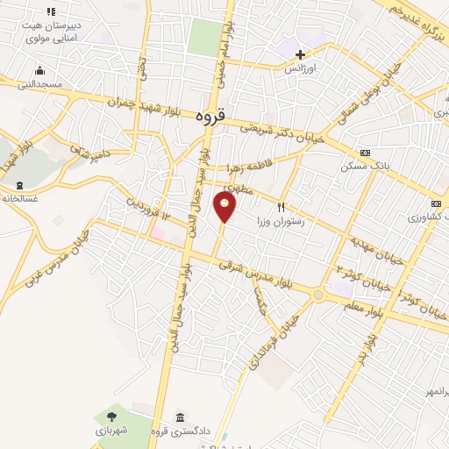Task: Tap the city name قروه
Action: point(210,116)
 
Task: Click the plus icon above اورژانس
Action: point(300,54)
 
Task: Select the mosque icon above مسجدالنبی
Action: point(39,71)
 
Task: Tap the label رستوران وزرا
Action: point(280,222)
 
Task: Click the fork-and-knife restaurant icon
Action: point(281,207)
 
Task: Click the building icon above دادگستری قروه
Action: point(180,417)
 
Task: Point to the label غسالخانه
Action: point(19,198)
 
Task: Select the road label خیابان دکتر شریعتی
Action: point(282,132)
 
